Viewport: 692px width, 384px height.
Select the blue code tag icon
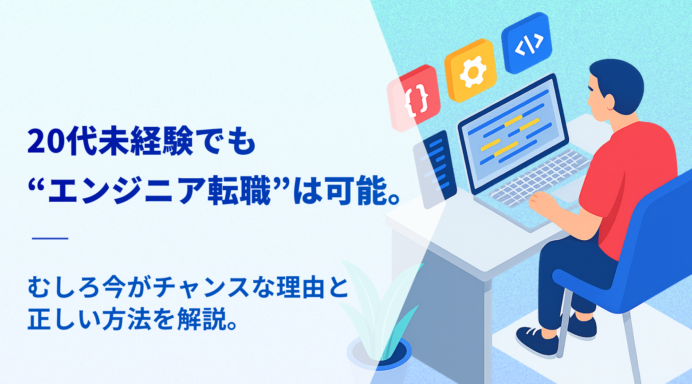527,43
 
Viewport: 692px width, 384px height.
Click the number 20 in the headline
45,142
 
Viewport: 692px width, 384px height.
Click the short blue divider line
50,239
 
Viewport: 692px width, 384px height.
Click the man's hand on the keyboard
539,202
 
